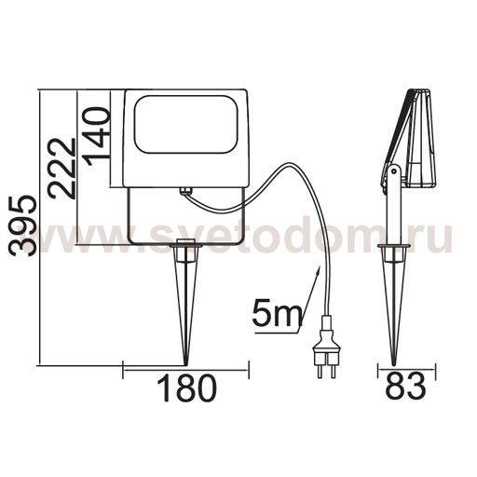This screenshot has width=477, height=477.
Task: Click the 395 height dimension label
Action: pyautogui.click(x=22, y=226)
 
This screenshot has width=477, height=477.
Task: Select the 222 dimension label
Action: pyautogui.click(x=62, y=169)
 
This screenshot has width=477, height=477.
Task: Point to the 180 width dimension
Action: pyautogui.click(x=186, y=388)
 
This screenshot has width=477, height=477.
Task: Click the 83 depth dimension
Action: pyautogui.click(x=405, y=387)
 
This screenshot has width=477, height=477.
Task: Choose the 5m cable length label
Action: pyautogui.click(x=277, y=312)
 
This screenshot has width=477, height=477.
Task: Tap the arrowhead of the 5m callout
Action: pyautogui.click(x=318, y=272)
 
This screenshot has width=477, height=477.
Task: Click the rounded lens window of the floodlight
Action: pyautogui.click(x=187, y=124)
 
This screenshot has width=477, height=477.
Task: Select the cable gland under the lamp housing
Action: pyautogui.click(x=186, y=190)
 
